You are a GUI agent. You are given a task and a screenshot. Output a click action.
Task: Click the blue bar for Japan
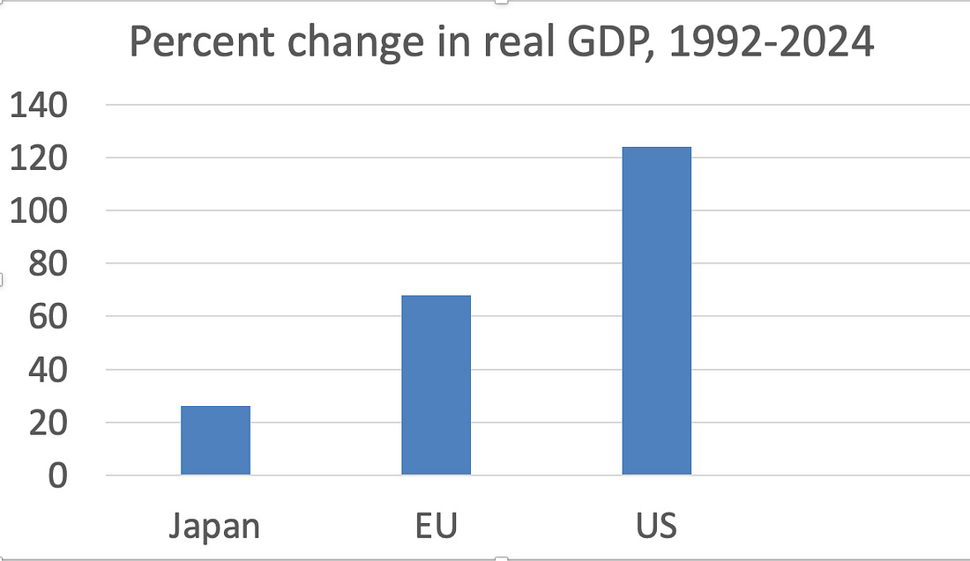tap(215, 440)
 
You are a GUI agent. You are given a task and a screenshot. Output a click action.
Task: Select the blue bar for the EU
tap(436, 386)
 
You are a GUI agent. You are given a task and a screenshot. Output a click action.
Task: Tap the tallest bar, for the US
tap(656, 311)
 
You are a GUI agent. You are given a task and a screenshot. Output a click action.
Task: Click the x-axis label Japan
tap(214, 527)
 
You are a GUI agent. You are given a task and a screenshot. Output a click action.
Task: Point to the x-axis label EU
tap(436, 527)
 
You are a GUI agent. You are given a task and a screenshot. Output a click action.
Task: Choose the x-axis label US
tap(656, 527)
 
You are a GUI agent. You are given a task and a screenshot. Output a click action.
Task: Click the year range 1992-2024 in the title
tap(771, 43)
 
